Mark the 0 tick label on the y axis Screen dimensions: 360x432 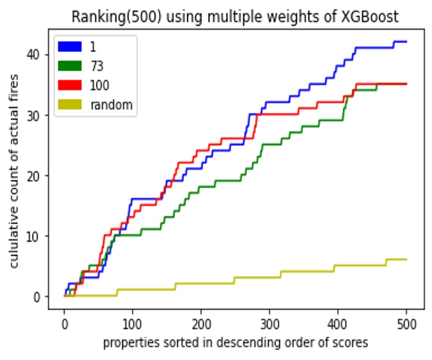tap(38, 297)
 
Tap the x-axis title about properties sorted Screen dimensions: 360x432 tap(235, 343)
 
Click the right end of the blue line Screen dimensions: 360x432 tap(406, 42)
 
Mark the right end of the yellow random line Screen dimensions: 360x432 tap(406, 259)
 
